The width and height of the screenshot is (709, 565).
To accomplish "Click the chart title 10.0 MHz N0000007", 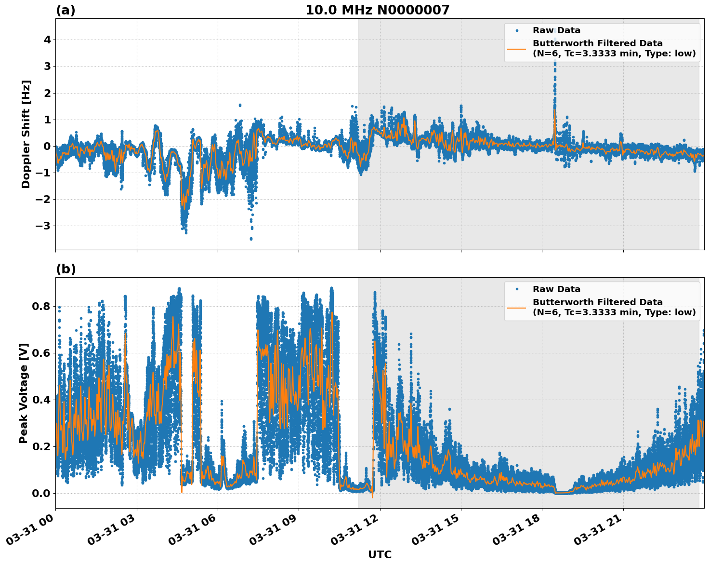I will point(377,10).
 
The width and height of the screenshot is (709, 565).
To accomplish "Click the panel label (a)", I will point(66,10).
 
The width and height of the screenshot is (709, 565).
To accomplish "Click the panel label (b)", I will point(66,269).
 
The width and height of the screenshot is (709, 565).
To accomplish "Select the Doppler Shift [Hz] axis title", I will point(26,134).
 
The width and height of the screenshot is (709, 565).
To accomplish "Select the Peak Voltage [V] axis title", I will point(24,393).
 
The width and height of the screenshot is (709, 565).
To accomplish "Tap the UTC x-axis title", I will point(380,554).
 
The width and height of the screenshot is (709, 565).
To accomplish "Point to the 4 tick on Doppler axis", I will point(47,40).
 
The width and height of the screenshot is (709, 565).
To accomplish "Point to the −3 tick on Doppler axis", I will point(45,226).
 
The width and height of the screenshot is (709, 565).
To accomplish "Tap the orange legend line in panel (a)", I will point(517,49).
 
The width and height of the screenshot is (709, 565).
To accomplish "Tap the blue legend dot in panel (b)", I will point(517,289).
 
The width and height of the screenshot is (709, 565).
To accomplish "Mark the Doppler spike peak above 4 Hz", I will point(555,30).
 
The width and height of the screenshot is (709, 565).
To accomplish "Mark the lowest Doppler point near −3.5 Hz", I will point(251,239).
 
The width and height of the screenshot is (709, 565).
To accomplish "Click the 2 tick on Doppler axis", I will point(47,93).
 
